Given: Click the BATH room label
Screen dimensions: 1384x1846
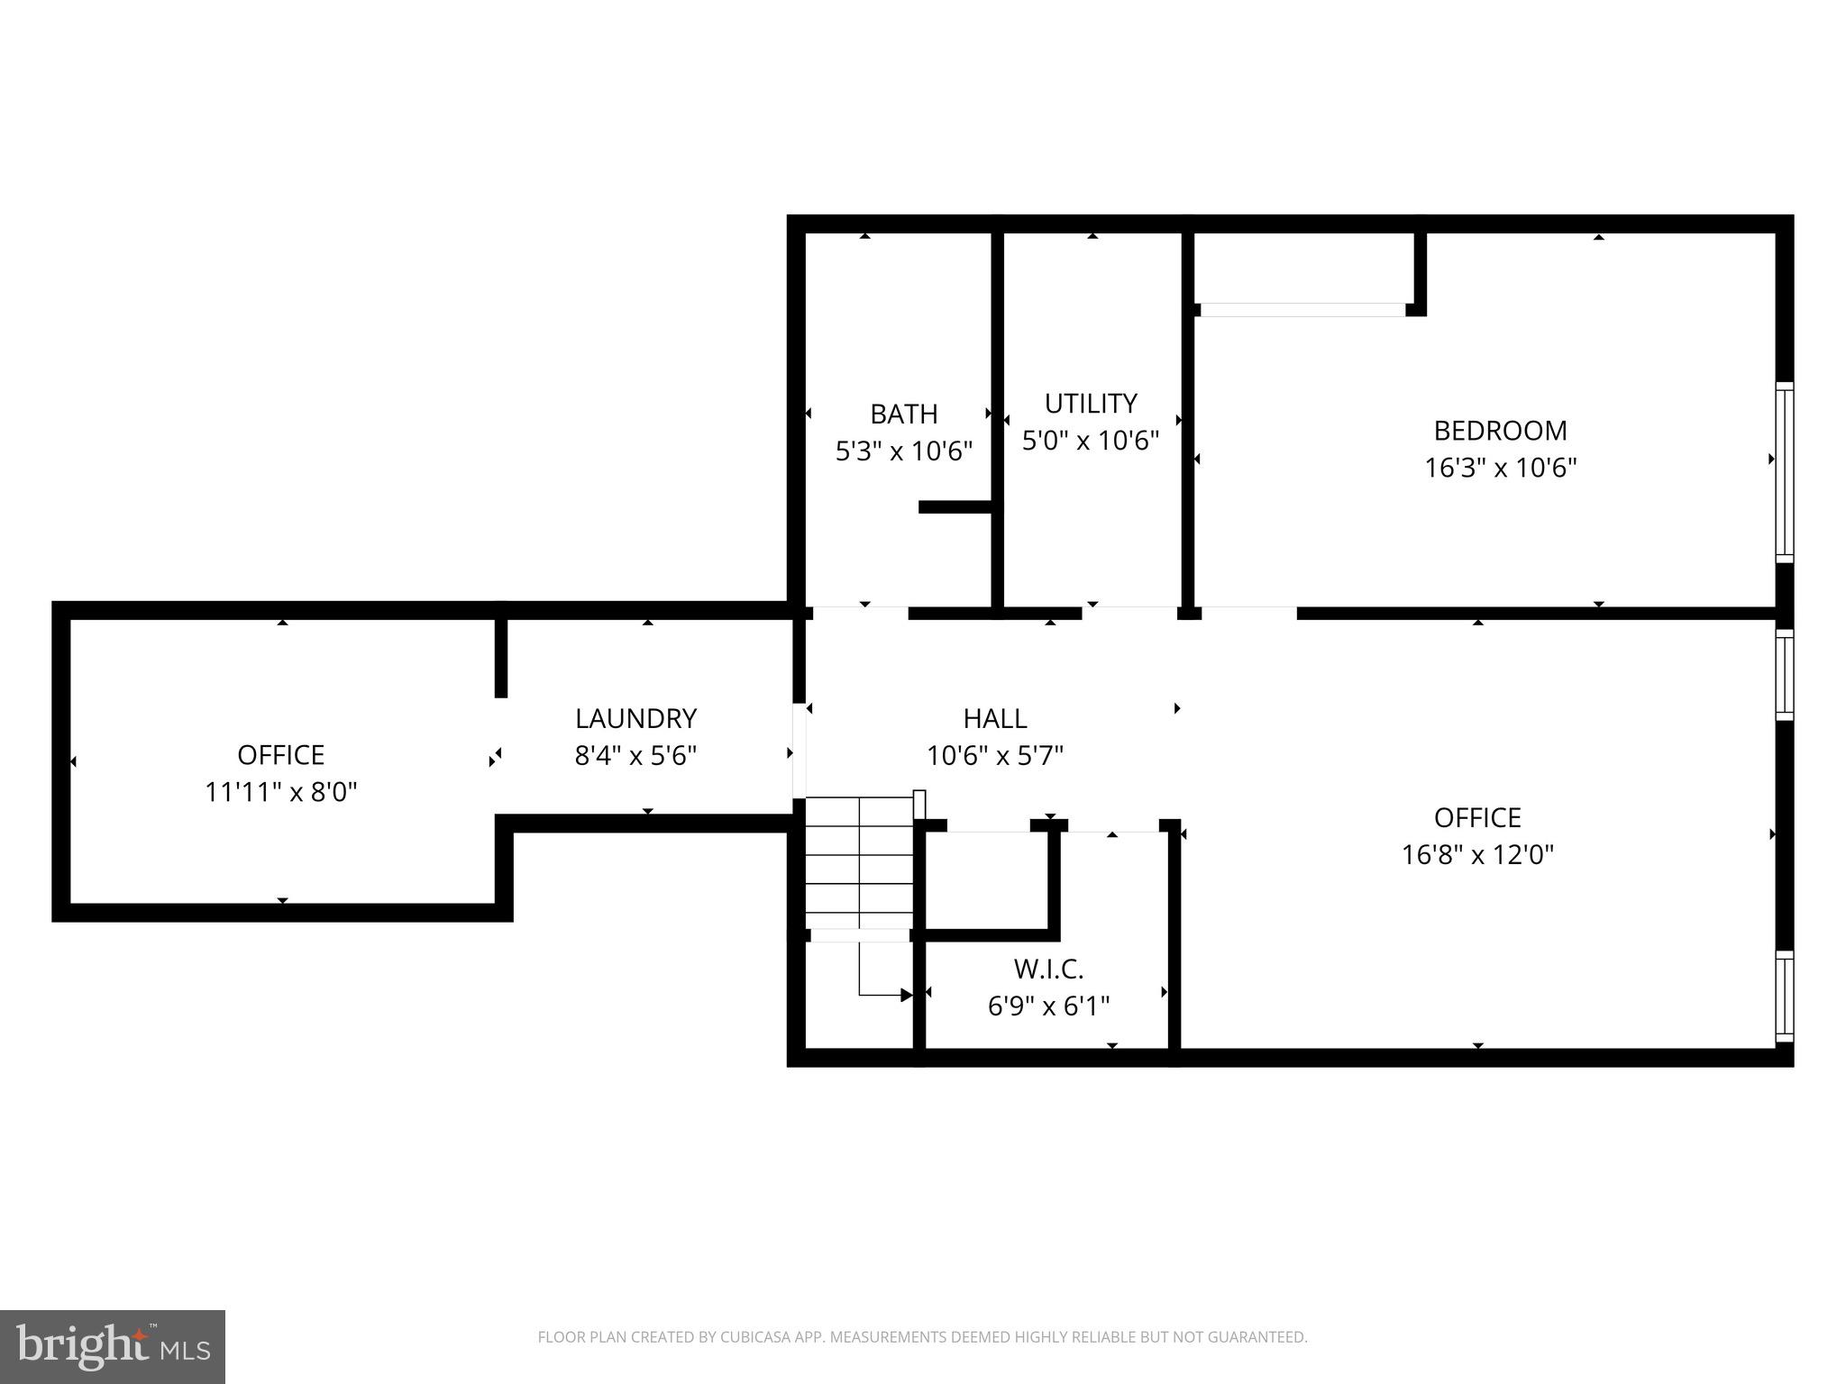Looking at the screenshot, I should pyautogui.click(x=903, y=414).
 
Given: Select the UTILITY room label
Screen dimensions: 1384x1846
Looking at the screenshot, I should pyautogui.click(x=1090, y=403).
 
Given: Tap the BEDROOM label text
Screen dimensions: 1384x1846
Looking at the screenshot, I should pyautogui.click(x=1500, y=431).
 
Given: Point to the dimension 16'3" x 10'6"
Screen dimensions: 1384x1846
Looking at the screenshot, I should pyautogui.click(x=1500, y=469).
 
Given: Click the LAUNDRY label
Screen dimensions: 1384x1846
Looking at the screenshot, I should pyautogui.click(x=635, y=718).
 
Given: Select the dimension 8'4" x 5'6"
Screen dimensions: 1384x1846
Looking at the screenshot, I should pyautogui.click(x=635, y=755).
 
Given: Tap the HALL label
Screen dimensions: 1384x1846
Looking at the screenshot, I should pyautogui.click(x=994, y=718).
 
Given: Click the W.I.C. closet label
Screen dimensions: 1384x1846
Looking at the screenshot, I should pyautogui.click(x=1048, y=969).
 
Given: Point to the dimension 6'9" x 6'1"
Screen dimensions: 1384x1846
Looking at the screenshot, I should pyautogui.click(x=1048, y=1006).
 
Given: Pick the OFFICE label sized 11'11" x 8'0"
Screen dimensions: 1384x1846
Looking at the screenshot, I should pyautogui.click(x=280, y=754).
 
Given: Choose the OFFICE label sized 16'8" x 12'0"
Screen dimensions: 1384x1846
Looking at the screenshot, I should pyautogui.click(x=1476, y=817).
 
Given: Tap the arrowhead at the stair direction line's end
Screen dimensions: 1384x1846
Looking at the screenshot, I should pyautogui.click(x=906, y=995).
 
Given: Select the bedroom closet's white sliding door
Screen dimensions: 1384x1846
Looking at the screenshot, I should pyautogui.click(x=1302, y=310).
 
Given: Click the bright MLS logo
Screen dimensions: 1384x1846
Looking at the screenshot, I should pyautogui.click(x=113, y=1347).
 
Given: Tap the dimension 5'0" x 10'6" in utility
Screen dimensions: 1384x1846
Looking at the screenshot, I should pyautogui.click(x=1090, y=441).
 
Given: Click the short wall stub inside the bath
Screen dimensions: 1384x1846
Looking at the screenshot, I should pyautogui.click(x=955, y=507).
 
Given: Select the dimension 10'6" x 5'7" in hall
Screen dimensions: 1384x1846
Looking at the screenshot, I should pyautogui.click(x=994, y=755).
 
